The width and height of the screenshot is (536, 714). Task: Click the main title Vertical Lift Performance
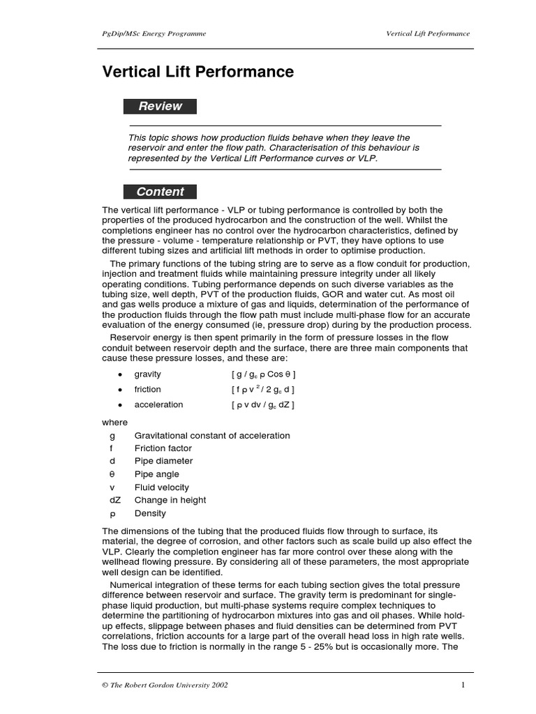pos(198,72)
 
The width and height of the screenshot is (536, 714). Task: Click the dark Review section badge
pos(160,107)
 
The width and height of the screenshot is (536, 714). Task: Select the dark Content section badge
pos(160,192)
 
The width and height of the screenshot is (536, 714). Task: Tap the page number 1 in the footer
pos(463,685)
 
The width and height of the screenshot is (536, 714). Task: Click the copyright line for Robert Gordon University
pos(165,685)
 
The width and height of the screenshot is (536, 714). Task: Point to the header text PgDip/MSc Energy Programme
pos(154,33)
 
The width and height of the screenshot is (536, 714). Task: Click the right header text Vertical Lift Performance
pos(428,33)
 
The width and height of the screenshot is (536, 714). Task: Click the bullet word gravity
pos(147,374)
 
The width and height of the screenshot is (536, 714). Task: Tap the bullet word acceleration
pos(158,405)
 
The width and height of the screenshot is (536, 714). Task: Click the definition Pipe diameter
pos(163,461)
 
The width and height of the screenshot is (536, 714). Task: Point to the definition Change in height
pos(170,500)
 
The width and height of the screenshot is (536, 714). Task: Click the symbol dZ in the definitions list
pos(114,500)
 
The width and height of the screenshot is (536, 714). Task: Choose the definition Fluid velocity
pos(161,487)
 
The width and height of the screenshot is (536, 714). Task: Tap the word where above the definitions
pos(114,423)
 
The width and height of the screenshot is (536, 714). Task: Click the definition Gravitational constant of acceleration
pos(211,435)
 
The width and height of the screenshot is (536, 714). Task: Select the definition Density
pos(150,513)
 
